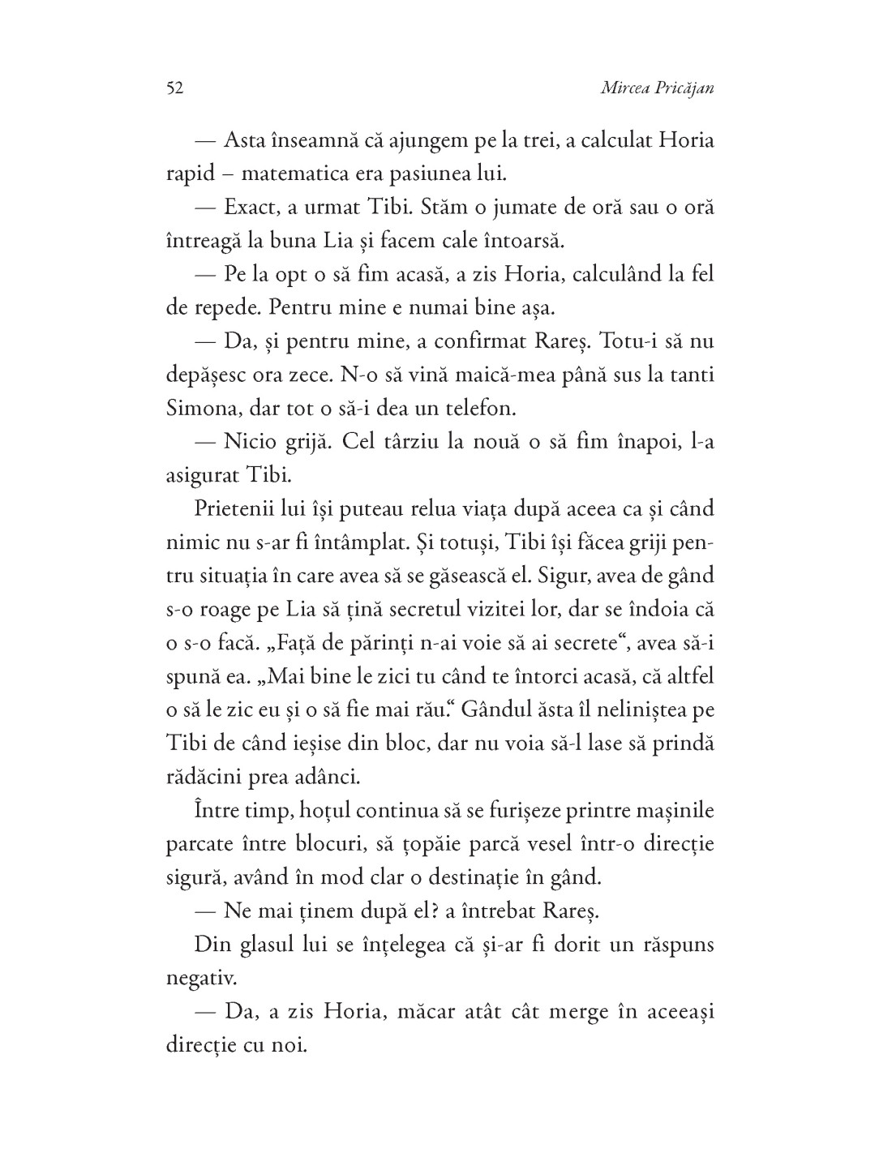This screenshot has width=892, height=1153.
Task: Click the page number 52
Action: (x=174, y=88)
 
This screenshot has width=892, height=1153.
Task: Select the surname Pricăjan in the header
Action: (x=687, y=88)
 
